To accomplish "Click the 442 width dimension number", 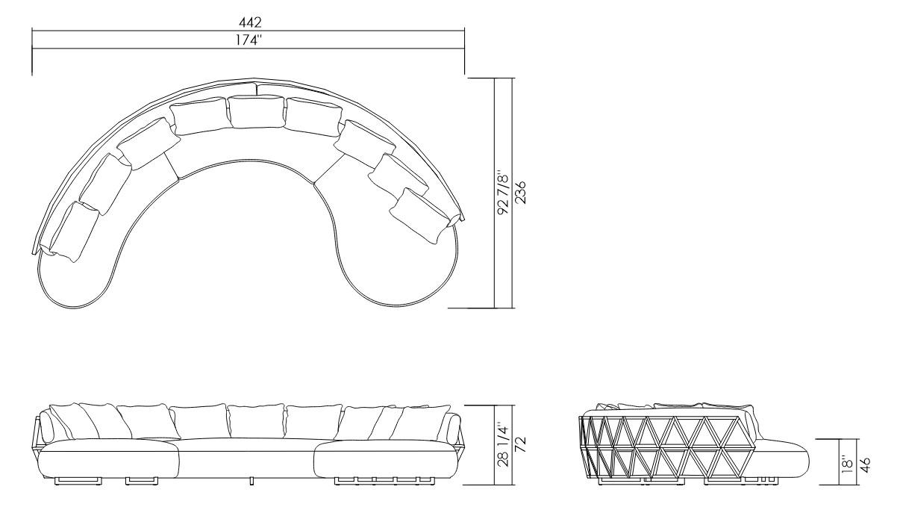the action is click(x=250, y=22).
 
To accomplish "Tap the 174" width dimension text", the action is click(x=249, y=40).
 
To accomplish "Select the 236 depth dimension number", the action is click(x=520, y=193).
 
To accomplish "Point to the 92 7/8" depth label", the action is click(x=503, y=195).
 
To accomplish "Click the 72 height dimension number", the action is click(x=520, y=444).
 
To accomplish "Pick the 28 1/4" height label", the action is click(x=503, y=444).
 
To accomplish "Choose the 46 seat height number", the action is click(x=865, y=464).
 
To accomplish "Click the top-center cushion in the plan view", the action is click(x=256, y=111).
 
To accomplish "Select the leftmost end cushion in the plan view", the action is click(x=75, y=231).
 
